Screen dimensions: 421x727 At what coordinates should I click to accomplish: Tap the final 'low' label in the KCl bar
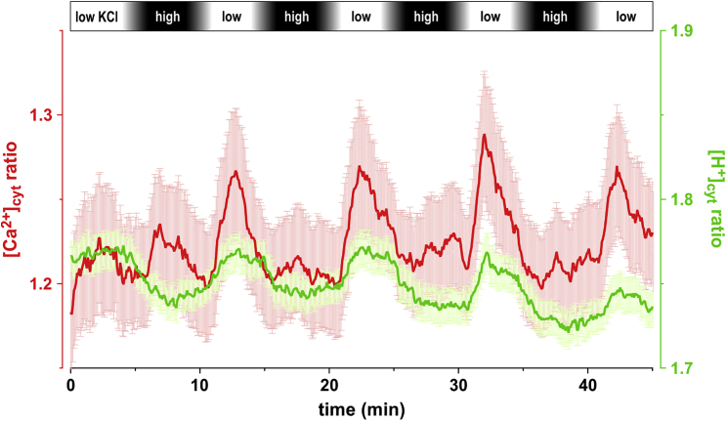626,17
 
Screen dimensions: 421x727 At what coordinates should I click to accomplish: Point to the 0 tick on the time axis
71,384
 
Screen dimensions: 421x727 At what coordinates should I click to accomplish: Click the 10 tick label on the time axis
200,384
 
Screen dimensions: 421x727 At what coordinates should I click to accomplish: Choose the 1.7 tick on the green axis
683,368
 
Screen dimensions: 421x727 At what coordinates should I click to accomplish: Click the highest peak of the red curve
484,135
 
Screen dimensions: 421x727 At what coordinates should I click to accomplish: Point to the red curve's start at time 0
72,314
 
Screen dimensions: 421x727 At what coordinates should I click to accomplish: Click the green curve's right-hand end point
652,306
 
